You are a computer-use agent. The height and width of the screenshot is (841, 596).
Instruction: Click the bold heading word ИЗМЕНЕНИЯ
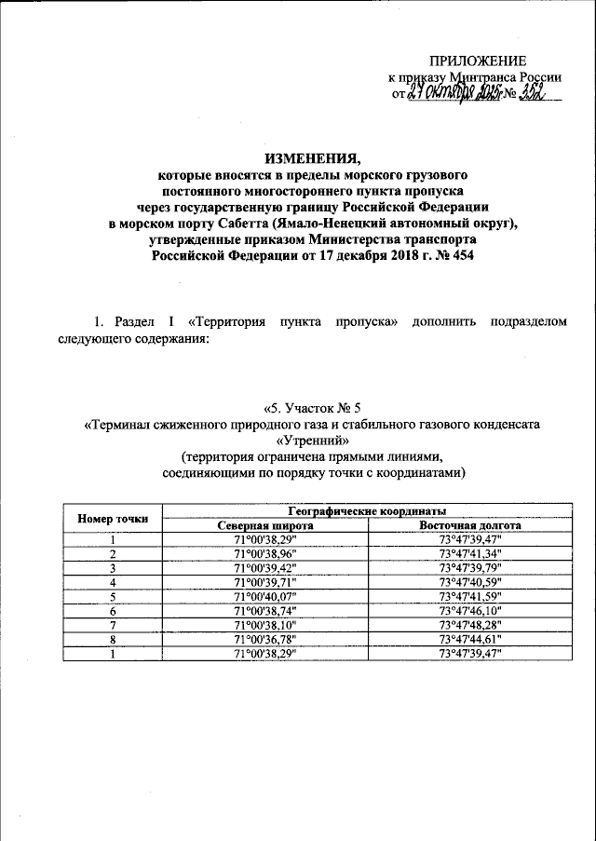tap(299, 157)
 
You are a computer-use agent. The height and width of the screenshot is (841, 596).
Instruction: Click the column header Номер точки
tap(112, 518)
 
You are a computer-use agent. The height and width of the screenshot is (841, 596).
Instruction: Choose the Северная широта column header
tap(265, 525)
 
